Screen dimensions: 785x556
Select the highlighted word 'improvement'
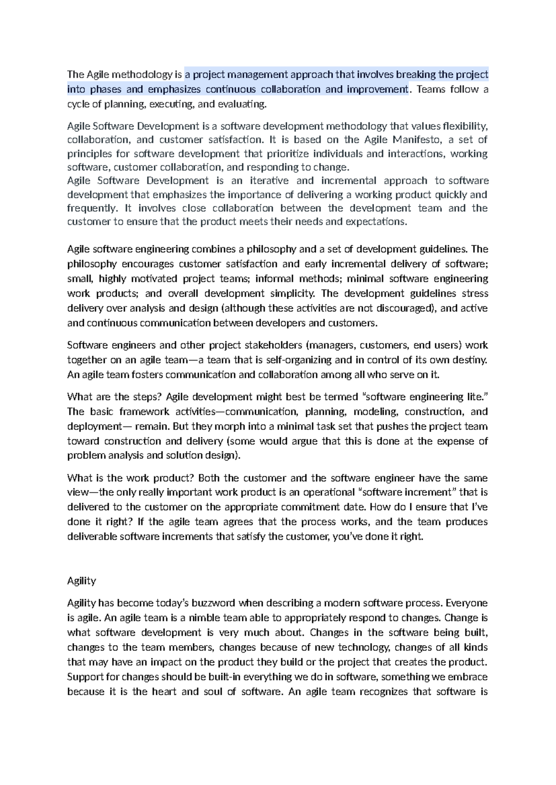tap(377, 89)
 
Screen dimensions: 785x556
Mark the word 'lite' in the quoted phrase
tap(473, 397)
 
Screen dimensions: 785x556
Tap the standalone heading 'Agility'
tap(82, 581)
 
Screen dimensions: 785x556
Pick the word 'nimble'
tap(204, 618)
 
